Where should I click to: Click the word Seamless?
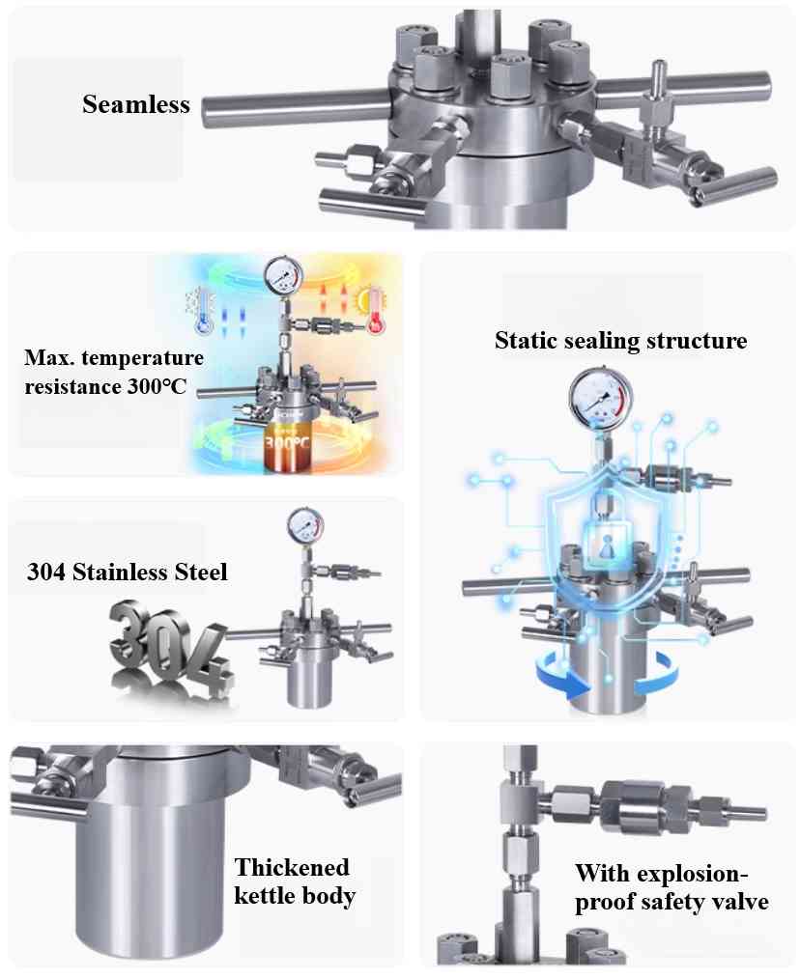[136, 104]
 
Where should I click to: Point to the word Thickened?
[292, 866]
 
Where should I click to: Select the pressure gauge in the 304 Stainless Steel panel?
[306, 526]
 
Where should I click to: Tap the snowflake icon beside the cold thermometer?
[190, 298]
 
